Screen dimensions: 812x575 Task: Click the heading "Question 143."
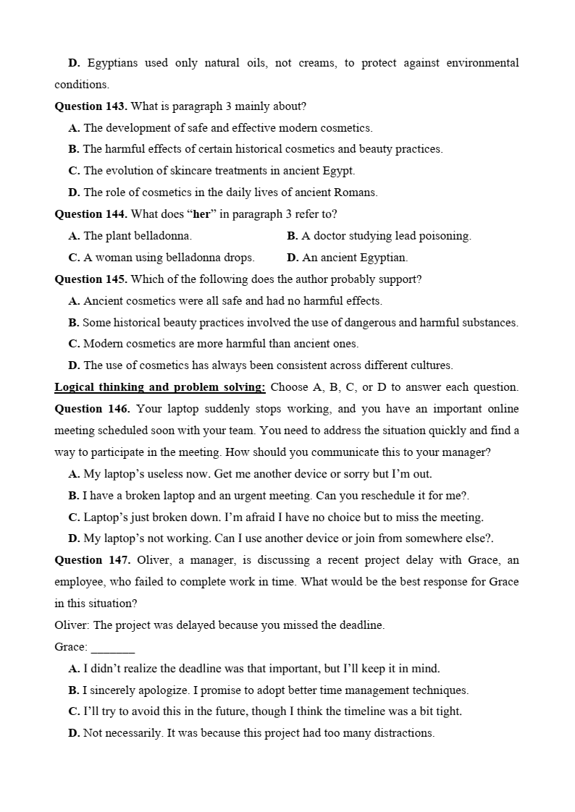[x=91, y=106]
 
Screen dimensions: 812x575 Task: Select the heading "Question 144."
[x=91, y=214]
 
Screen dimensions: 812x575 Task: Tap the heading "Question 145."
[x=91, y=279]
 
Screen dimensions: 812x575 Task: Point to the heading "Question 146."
[x=92, y=409]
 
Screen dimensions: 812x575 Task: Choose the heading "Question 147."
[x=92, y=560]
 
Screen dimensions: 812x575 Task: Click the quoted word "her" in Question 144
[x=201, y=214]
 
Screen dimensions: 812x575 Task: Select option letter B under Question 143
[x=73, y=149]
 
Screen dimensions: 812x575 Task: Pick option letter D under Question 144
[x=293, y=258]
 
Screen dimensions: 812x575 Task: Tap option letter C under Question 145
[x=73, y=344]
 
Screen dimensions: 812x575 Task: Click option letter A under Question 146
[x=73, y=474]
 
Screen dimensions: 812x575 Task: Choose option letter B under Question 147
[x=73, y=690]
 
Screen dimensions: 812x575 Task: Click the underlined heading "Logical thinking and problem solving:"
[x=160, y=387]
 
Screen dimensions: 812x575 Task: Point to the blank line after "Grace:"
[x=113, y=648]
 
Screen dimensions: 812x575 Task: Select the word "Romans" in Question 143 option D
[x=355, y=193]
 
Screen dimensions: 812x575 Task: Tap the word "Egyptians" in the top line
[x=115, y=63]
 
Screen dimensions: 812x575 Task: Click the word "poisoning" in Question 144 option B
[x=445, y=236]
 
